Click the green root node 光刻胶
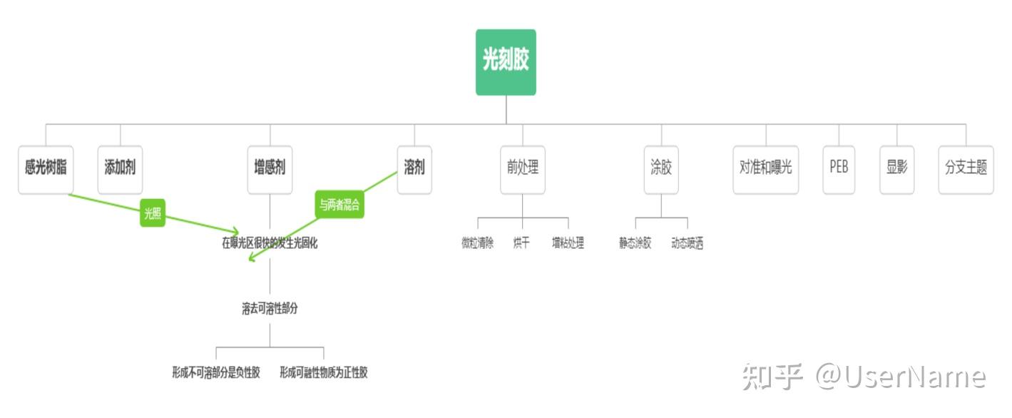tap(506, 62)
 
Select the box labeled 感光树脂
tap(46, 168)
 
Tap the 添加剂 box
tap(120, 168)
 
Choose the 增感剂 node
tap(270, 168)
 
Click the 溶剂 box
tap(414, 168)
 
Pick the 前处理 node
tap(523, 168)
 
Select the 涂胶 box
tap(661, 168)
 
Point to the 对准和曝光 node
tap(766, 168)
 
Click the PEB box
tap(839, 168)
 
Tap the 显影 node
tap(896, 168)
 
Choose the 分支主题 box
tap(966, 168)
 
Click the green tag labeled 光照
tap(153, 213)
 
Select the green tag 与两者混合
tap(339, 205)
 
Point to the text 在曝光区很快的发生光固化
tap(270, 243)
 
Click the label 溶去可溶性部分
tap(270, 309)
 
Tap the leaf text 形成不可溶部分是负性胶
tap(216, 372)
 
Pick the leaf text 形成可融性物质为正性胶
tap(324, 372)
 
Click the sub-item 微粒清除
tap(477, 243)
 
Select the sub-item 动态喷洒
tap(688, 243)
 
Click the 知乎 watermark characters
tap(772, 376)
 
